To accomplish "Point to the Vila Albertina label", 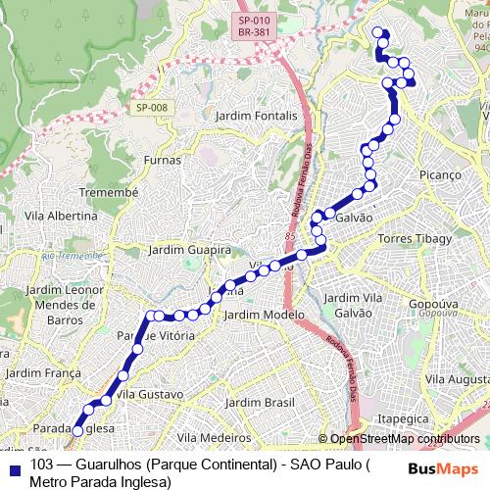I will [x=61, y=216].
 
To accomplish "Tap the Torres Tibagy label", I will [x=415, y=238].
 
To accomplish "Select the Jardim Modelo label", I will [x=264, y=315].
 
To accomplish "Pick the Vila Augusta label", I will [x=458, y=377].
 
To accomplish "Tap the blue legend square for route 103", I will [x=13, y=465].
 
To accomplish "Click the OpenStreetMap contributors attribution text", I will [x=405, y=439].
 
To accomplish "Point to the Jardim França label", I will [x=41, y=372].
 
